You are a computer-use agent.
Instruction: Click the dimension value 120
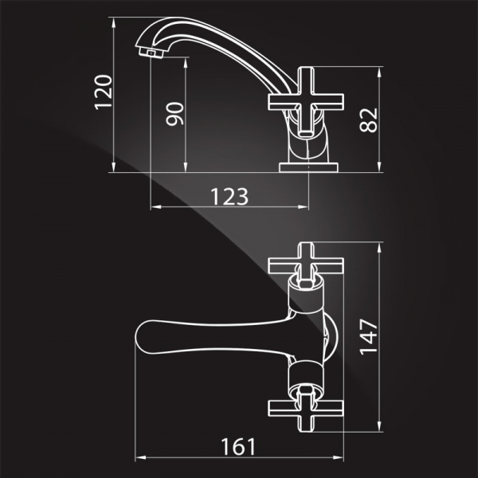(x=104, y=92)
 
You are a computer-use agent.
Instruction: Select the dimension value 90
(x=174, y=114)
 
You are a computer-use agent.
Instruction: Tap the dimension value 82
(x=368, y=120)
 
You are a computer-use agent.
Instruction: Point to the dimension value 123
(x=229, y=196)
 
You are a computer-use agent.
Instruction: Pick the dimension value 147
(x=369, y=337)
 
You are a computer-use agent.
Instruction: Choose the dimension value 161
(x=238, y=447)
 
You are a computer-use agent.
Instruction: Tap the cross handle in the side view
(x=306, y=102)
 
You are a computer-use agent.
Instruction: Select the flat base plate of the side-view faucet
(x=308, y=167)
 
